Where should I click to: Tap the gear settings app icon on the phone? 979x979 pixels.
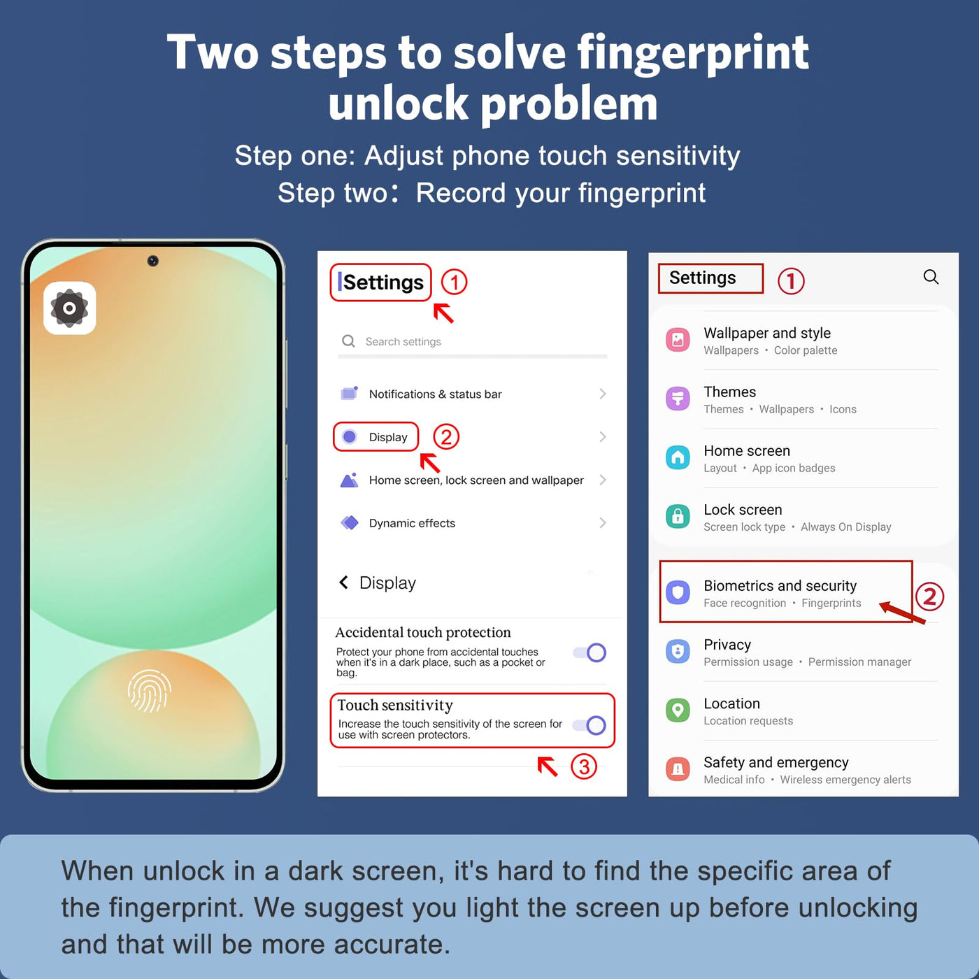click(x=70, y=308)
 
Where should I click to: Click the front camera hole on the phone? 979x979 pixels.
click(x=153, y=261)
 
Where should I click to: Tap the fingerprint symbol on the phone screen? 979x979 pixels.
click(x=150, y=691)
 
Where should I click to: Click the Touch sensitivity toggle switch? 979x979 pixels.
click(x=589, y=725)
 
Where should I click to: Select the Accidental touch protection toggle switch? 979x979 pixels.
click(x=589, y=653)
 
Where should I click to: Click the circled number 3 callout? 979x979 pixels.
click(x=584, y=766)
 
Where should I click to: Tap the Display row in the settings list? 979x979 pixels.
click(x=376, y=437)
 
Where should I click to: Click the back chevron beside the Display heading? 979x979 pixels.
click(x=344, y=583)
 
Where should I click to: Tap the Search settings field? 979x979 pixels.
click(x=473, y=341)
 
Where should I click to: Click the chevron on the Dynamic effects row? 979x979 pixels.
click(x=603, y=523)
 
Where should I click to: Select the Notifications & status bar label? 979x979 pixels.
click(x=436, y=394)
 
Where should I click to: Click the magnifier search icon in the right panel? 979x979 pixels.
click(x=931, y=277)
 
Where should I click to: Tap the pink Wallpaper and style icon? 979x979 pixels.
click(x=678, y=340)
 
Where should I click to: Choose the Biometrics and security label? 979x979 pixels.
click(x=780, y=586)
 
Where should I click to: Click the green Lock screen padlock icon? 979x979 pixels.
click(x=678, y=517)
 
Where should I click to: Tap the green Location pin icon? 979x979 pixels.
click(x=678, y=710)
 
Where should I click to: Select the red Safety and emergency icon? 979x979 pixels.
click(x=678, y=769)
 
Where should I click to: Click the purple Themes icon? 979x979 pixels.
click(x=678, y=399)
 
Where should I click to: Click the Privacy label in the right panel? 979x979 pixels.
click(x=727, y=645)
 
